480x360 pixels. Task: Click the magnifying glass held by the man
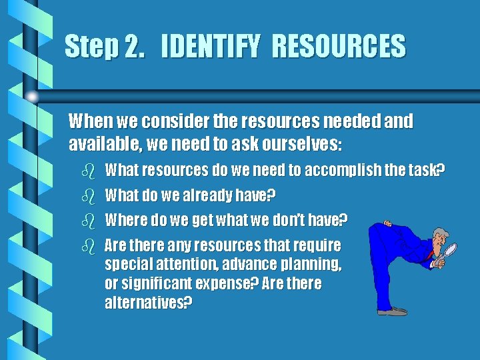pyautogui.click(x=451, y=251)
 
